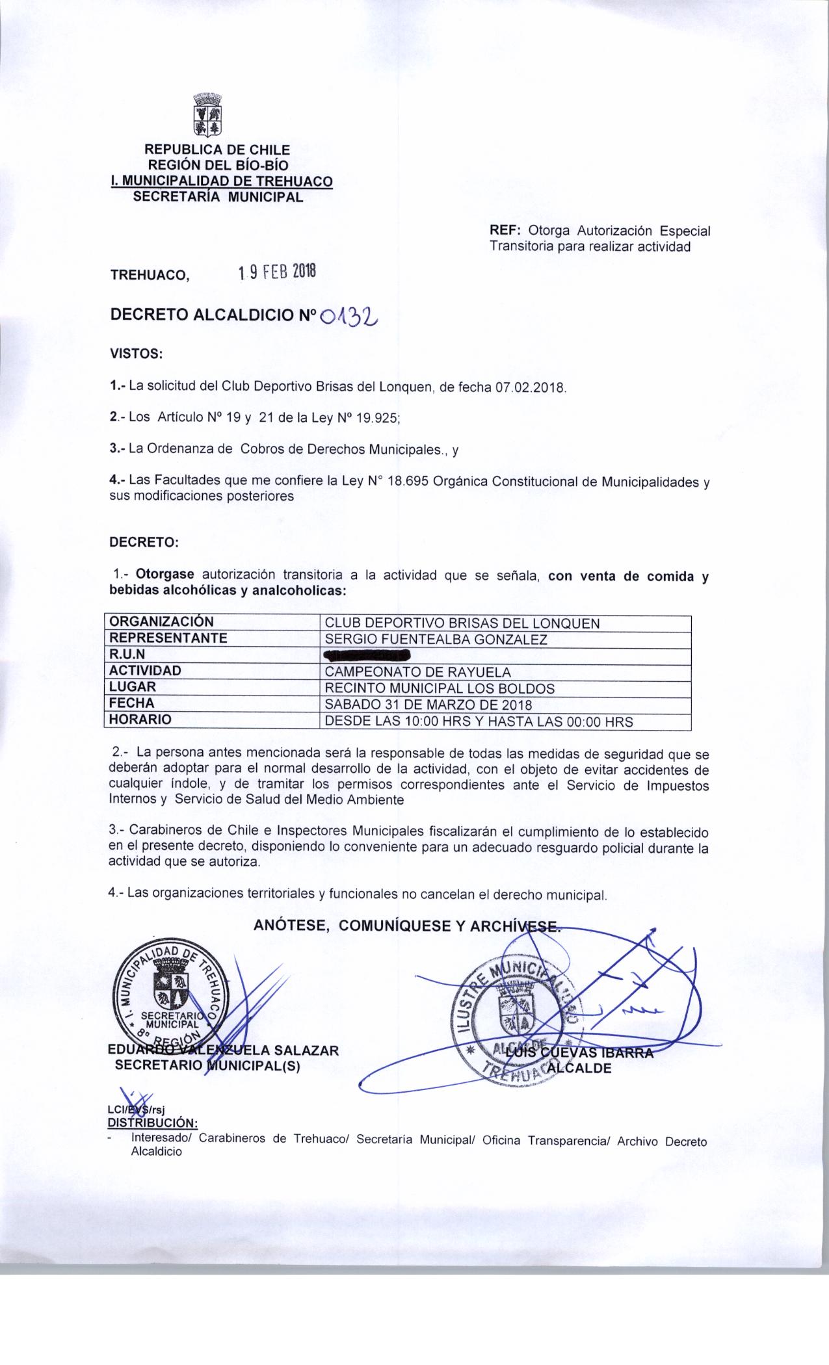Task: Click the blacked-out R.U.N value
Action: (367, 655)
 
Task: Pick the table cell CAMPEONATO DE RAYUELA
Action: (417, 671)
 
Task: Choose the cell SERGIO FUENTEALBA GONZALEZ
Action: (436, 639)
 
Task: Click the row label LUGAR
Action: (133, 687)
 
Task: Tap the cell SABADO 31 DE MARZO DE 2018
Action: (428, 704)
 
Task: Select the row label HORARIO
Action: (140, 720)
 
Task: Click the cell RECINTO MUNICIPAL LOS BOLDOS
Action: (440, 688)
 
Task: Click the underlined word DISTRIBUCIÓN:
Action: (152, 1123)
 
